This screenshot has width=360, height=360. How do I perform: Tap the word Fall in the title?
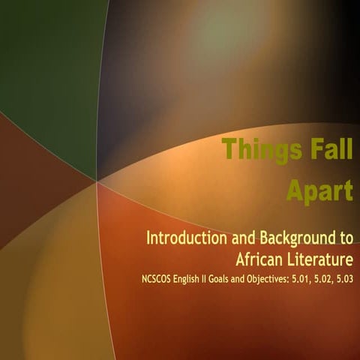pyautogui.click(x=322, y=149)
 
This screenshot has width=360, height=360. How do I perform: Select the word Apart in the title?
pyautogui.click(x=319, y=191)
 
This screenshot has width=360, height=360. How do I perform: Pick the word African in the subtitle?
pyautogui.click(x=261, y=260)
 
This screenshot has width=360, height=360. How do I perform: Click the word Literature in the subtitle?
pyautogui.click(x=320, y=260)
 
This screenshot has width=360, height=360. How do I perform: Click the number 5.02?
pyautogui.click(x=337, y=280)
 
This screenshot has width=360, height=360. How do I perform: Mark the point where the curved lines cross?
pyautogui.click(x=97, y=179)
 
